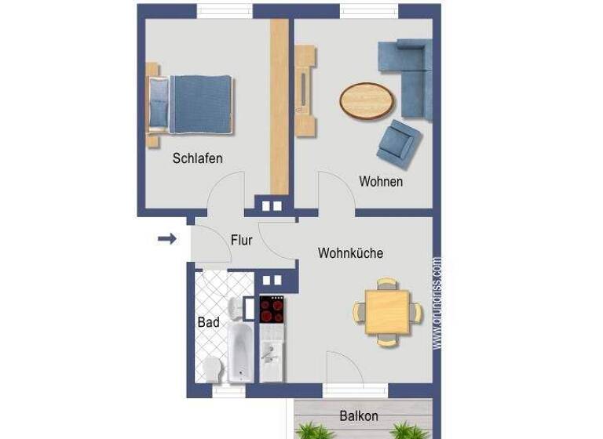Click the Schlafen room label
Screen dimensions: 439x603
[x=197, y=158]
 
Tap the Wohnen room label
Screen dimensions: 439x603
[x=381, y=181]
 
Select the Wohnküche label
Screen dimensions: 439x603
[x=350, y=253]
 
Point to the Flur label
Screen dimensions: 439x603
[x=241, y=240]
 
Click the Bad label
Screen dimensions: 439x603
[x=208, y=322]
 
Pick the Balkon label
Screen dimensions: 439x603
[x=359, y=415]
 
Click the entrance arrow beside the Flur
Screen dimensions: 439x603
[x=166, y=238]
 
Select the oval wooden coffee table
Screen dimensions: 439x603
[x=367, y=101]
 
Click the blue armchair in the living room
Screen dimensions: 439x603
[x=399, y=143]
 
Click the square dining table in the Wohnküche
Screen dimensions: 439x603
[x=386, y=311]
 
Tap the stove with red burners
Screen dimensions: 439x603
[x=272, y=310]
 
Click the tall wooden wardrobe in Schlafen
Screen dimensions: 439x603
[x=280, y=106]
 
